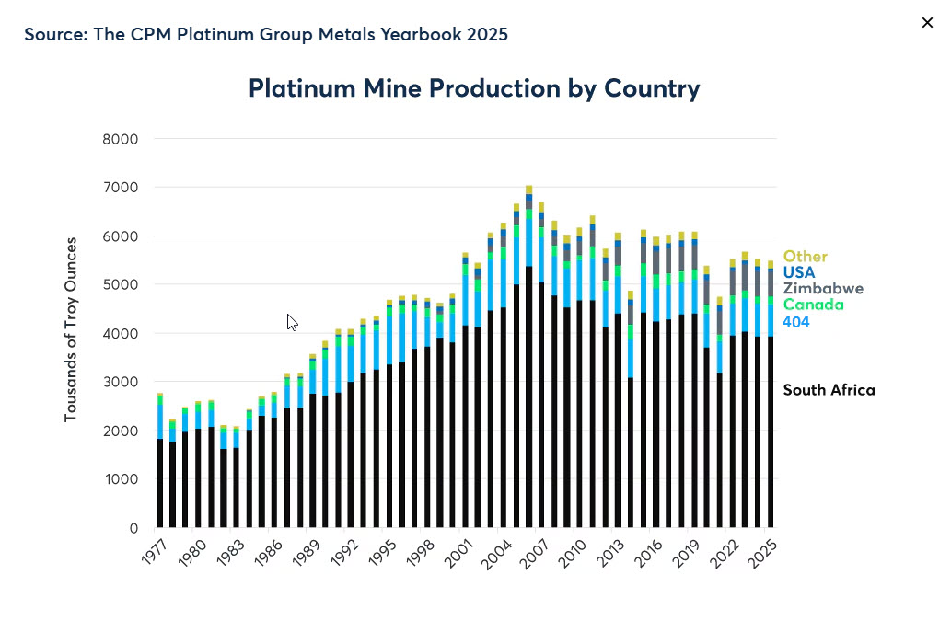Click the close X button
(927, 23)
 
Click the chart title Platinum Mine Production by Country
(474, 88)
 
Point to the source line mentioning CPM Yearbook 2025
(266, 34)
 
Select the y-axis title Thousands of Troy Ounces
(71, 330)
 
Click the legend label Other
(806, 257)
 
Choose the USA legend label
(799, 272)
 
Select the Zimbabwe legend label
(823, 288)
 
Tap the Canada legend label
(813, 305)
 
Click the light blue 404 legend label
(796, 321)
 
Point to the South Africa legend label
(829, 390)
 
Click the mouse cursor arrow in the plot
(292, 322)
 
